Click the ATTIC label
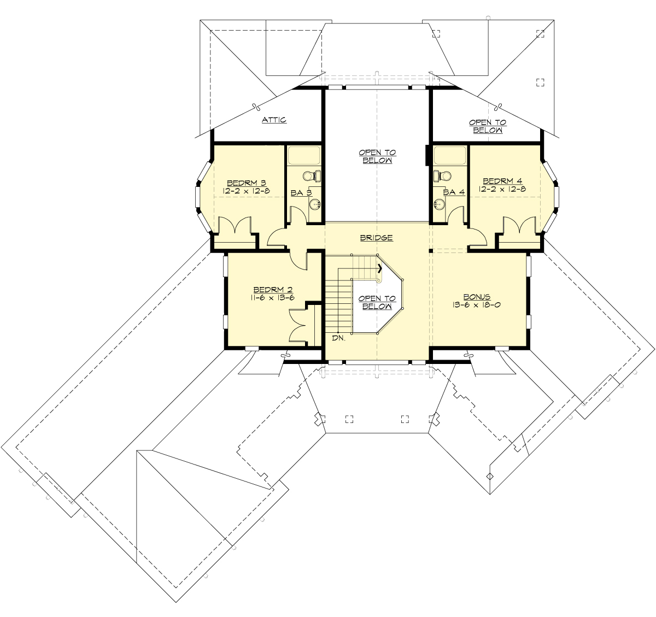(x=274, y=120)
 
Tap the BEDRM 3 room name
(x=246, y=183)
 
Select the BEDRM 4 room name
(x=502, y=181)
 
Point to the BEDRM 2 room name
(x=273, y=290)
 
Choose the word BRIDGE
(x=376, y=238)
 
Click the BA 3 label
(x=301, y=193)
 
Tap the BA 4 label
(x=454, y=192)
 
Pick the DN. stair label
(x=338, y=338)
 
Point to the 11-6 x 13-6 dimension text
(x=273, y=298)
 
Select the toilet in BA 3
(x=312, y=175)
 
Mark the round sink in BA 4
(x=439, y=204)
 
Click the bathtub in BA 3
(x=304, y=155)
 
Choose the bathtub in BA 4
(x=449, y=155)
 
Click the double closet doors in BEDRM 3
(x=235, y=226)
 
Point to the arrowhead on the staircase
(x=379, y=268)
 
